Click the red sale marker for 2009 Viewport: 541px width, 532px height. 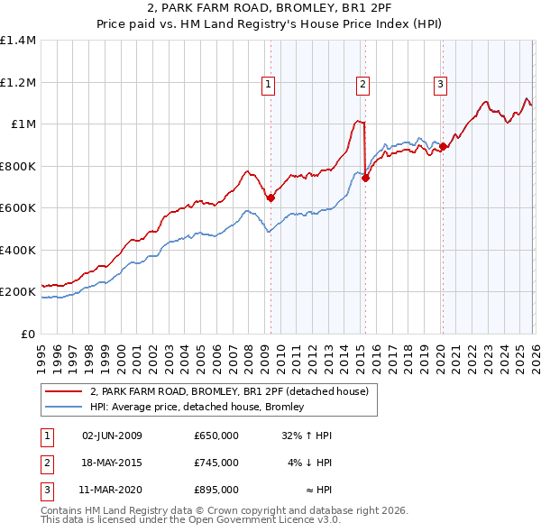pyautogui.click(x=270, y=197)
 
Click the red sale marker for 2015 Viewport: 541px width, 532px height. pyautogui.click(x=365, y=179)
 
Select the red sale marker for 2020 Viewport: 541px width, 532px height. pyautogui.click(x=443, y=147)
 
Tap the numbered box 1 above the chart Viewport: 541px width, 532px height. pyautogui.click(x=269, y=86)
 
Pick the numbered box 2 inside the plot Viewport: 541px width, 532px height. pyautogui.click(x=362, y=86)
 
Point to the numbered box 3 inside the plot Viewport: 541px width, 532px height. pyautogui.click(x=440, y=86)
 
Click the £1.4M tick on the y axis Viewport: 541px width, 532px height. pyautogui.click(x=18, y=41)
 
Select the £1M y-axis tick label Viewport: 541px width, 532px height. pyautogui.click(x=23, y=124)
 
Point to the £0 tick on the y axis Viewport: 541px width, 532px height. pyautogui.click(x=28, y=335)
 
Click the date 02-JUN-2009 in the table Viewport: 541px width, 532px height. pyautogui.click(x=112, y=436)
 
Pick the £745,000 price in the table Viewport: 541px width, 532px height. pyautogui.click(x=216, y=463)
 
